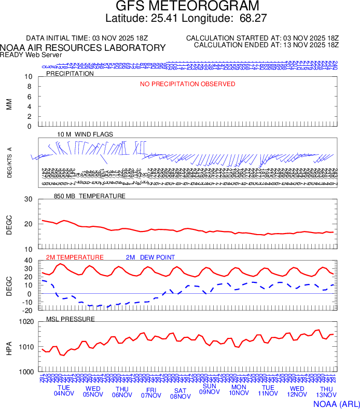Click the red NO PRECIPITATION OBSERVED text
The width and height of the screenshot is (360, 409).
[187, 84]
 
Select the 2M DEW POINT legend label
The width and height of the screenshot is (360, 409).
[150, 257]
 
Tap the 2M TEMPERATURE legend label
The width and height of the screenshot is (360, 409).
[75, 257]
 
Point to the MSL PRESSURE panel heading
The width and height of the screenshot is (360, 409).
[71, 319]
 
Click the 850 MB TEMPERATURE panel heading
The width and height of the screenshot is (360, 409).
[90, 196]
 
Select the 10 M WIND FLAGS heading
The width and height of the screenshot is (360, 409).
[85, 134]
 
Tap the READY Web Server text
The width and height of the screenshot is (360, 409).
[31, 54]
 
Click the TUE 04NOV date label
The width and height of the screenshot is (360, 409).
[64, 391]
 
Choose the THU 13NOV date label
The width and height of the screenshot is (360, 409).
[326, 392]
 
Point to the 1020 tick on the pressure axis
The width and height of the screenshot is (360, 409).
[26, 322]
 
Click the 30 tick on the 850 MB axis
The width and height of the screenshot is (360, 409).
[28, 199]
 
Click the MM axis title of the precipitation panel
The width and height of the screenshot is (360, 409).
[9, 103]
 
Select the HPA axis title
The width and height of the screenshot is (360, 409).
[9, 347]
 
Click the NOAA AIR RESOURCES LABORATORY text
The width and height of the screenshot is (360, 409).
[83, 48]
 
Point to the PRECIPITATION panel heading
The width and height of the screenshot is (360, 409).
[70, 74]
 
